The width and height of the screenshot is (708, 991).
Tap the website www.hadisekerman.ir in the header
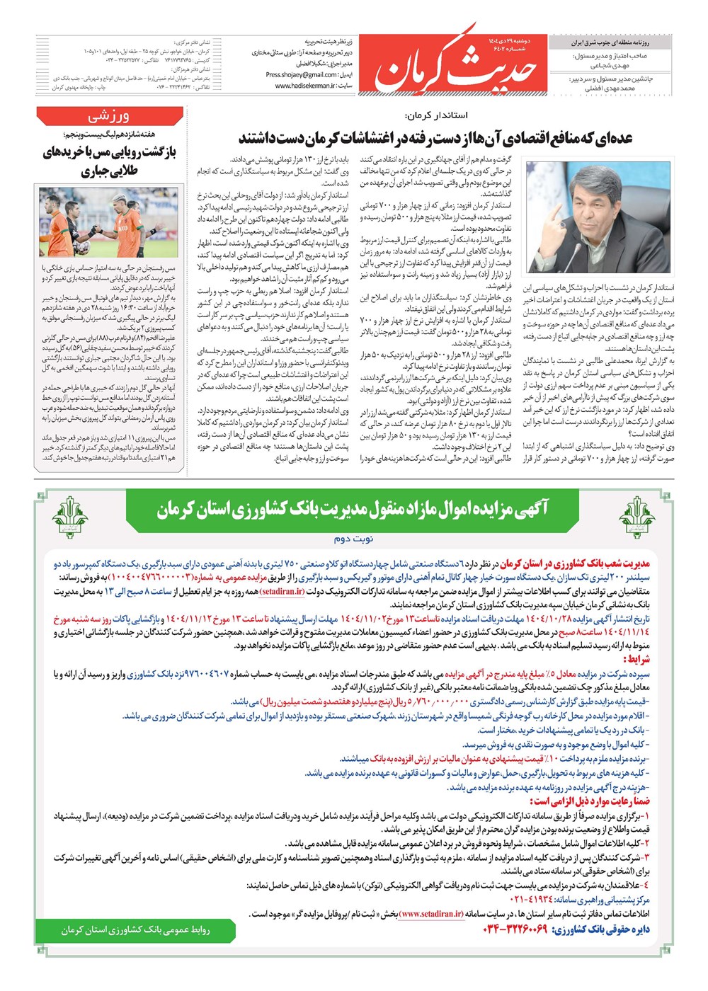[x=304, y=86]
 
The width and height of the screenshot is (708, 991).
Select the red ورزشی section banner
[x=108, y=116]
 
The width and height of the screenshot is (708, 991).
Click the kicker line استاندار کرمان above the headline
[x=436, y=115]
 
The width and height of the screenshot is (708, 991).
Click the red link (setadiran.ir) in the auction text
[x=282, y=591]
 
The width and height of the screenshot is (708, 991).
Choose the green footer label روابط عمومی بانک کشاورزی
[x=135, y=929]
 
